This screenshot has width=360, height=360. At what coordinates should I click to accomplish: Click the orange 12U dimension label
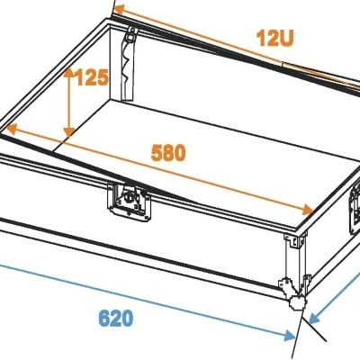pos(274,38)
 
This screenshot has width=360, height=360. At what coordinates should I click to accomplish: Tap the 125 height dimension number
pos(92,77)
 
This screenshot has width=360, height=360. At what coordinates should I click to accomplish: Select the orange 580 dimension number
pos(168,153)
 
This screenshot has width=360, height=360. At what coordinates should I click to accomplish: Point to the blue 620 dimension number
pos(116,318)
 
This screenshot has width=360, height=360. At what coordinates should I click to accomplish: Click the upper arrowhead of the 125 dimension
pos(69,72)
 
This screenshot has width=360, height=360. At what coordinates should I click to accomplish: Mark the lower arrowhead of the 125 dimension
pos(69,132)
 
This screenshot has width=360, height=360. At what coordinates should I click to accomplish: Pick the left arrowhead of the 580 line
pos(11,130)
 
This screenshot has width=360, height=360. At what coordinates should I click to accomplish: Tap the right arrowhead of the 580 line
pos(308,210)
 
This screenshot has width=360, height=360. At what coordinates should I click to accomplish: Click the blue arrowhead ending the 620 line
pos(290,336)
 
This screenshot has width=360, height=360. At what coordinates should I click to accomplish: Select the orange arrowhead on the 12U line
pos(119,10)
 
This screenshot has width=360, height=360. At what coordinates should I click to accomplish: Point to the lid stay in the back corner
pos(127,64)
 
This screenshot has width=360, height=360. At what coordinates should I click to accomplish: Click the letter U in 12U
pos(285,38)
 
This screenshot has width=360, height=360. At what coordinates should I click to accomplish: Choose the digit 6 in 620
pos(103,318)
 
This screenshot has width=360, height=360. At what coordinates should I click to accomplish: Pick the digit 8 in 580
pos(168,153)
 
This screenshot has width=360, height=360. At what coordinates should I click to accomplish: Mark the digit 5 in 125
pos(103,77)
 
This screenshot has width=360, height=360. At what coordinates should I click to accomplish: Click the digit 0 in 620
pos(128,319)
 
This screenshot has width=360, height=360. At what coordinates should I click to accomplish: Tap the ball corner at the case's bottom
pos(296,302)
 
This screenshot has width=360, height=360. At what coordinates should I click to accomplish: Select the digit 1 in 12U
pos(260,39)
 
